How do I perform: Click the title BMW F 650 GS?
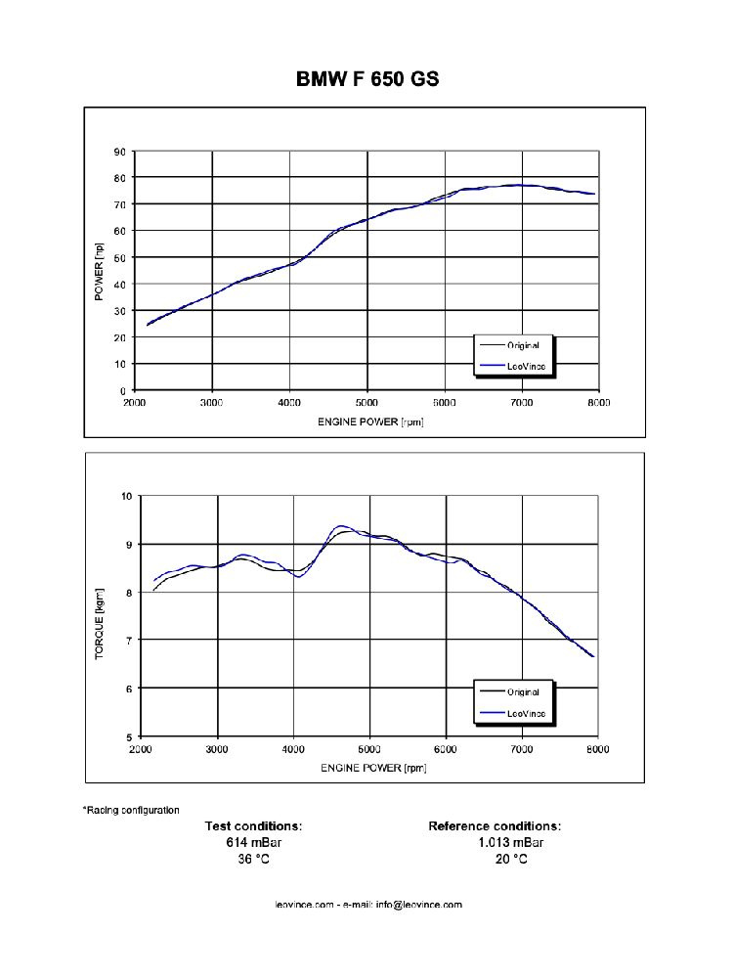coord(367,79)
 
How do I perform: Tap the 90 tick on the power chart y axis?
coord(120,152)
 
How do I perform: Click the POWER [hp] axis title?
coord(100,272)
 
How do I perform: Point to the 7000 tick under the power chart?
coord(522,402)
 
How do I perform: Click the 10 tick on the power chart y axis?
coord(120,364)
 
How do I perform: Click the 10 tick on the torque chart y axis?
coord(125,496)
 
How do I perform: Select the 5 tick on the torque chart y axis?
coord(128,736)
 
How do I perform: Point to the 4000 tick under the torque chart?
coord(293,749)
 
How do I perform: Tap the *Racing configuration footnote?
coord(131,810)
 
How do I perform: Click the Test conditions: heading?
coord(253,826)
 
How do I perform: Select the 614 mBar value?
coord(253,843)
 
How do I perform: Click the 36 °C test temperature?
coord(253,860)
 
